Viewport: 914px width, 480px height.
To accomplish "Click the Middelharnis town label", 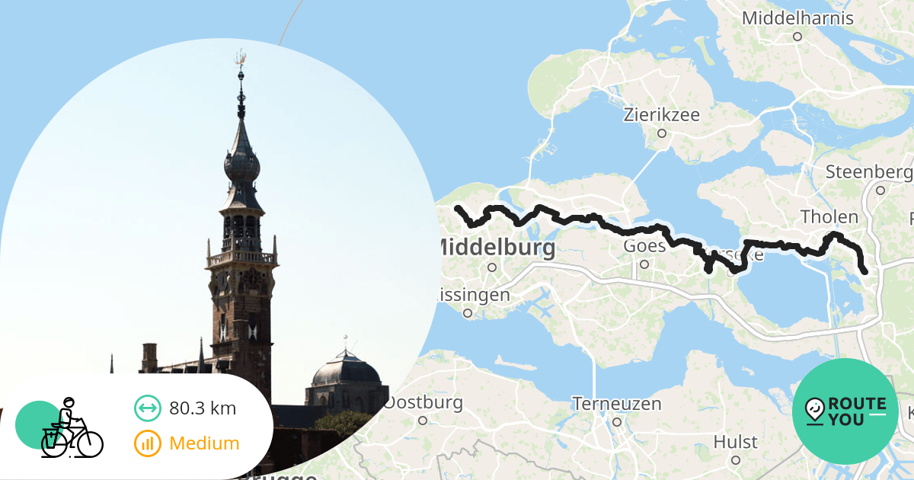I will [797, 18].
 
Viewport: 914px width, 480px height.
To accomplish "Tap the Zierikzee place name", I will [661, 115].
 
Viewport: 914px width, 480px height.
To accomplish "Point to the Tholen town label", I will [829, 217].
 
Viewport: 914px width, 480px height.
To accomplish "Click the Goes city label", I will [644, 246].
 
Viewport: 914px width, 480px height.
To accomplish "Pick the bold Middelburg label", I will [496, 248].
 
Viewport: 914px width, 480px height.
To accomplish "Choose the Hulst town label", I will [735, 442].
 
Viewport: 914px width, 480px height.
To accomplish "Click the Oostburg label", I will [423, 402].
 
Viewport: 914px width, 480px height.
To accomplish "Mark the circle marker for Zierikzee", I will [662, 133].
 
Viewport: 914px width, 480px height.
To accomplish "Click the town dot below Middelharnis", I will [797, 36].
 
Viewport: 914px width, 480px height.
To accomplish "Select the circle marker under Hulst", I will [736, 460].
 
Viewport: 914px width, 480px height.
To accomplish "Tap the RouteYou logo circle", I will [845, 411].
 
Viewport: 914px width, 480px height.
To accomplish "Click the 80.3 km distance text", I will [203, 408].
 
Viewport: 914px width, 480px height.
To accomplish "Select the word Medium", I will [204, 443].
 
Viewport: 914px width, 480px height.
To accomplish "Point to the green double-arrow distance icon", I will [147, 408].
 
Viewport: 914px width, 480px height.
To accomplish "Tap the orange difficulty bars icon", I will [147, 443].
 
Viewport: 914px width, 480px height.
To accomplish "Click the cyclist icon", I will [70, 430].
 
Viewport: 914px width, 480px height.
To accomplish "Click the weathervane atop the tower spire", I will [241, 59].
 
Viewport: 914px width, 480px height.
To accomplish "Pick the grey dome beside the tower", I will [346, 371].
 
